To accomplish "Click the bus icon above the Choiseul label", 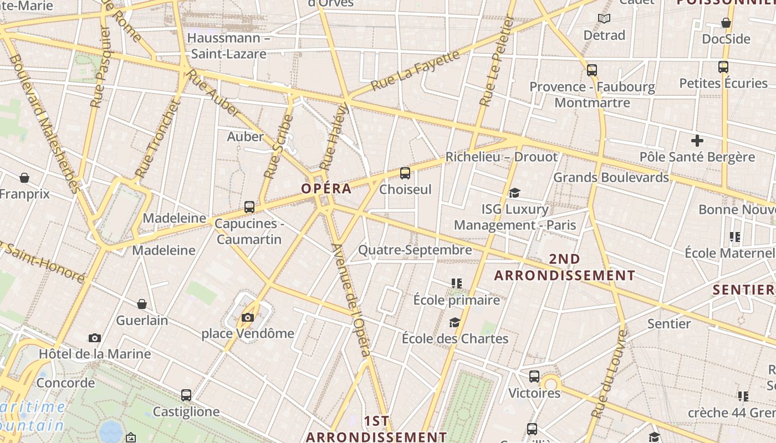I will click(x=405, y=173).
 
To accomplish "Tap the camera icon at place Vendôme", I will click(x=248, y=317).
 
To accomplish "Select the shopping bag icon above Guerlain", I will click(x=142, y=304).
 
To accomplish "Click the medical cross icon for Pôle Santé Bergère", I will click(x=697, y=141).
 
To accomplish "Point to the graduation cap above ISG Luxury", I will click(x=515, y=193).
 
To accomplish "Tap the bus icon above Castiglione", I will click(x=186, y=395).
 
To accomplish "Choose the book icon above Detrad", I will click(x=604, y=19).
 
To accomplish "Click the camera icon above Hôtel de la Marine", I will click(x=95, y=338).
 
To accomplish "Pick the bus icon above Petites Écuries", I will click(x=723, y=67).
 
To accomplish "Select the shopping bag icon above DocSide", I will click(x=726, y=23).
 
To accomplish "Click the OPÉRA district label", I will click(x=326, y=188).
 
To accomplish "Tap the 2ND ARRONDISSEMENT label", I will click(x=565, y=267).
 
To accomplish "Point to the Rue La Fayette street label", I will click(x=415, y=70).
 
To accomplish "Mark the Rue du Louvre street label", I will click(x=609, y=374).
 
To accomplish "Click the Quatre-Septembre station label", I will click(x=415, y=250).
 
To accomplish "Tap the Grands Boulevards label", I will click(x=611, y=177).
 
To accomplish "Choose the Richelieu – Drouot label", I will click(x=501, y=157).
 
